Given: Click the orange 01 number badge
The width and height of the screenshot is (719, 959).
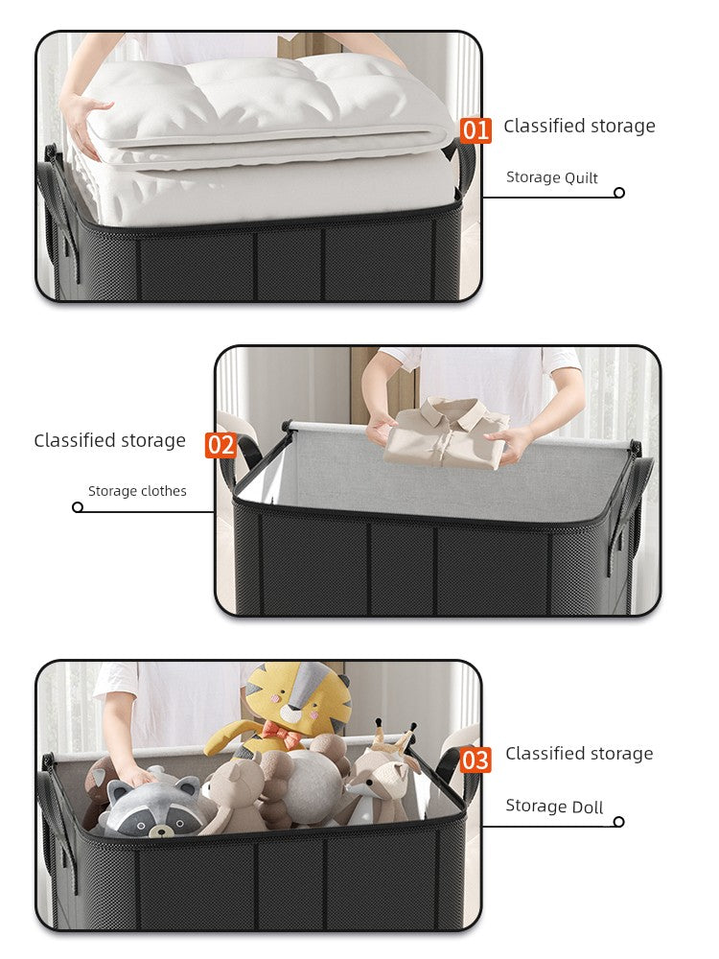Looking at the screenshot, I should [x=475, y=129].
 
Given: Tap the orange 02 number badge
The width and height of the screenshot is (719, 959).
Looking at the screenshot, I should [x=220, y=445].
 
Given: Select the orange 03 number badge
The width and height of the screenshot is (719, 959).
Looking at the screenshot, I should [x=475, y=760].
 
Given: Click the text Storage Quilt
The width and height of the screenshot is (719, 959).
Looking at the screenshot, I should [x=551, y=177].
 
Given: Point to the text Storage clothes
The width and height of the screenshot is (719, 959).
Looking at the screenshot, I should [x=137, y=491].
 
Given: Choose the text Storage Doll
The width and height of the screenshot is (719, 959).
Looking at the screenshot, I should [x=554, y=807].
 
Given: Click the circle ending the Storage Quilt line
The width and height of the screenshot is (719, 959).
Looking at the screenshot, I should [x=619, y=193].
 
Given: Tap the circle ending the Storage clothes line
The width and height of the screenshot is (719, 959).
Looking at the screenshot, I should [x=78, y=507].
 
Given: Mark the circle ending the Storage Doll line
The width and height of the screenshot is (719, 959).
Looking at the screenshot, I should [x=619, y=822].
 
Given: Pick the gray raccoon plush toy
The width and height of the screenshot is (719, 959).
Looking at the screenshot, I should [x=153, y=806].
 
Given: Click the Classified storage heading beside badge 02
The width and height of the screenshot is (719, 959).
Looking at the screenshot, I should [x=109, y=441].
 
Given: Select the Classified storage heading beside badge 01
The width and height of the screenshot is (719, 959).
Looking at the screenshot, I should [x=579, y=126].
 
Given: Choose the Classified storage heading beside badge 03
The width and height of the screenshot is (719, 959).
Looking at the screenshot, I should [x=579, y=754].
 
